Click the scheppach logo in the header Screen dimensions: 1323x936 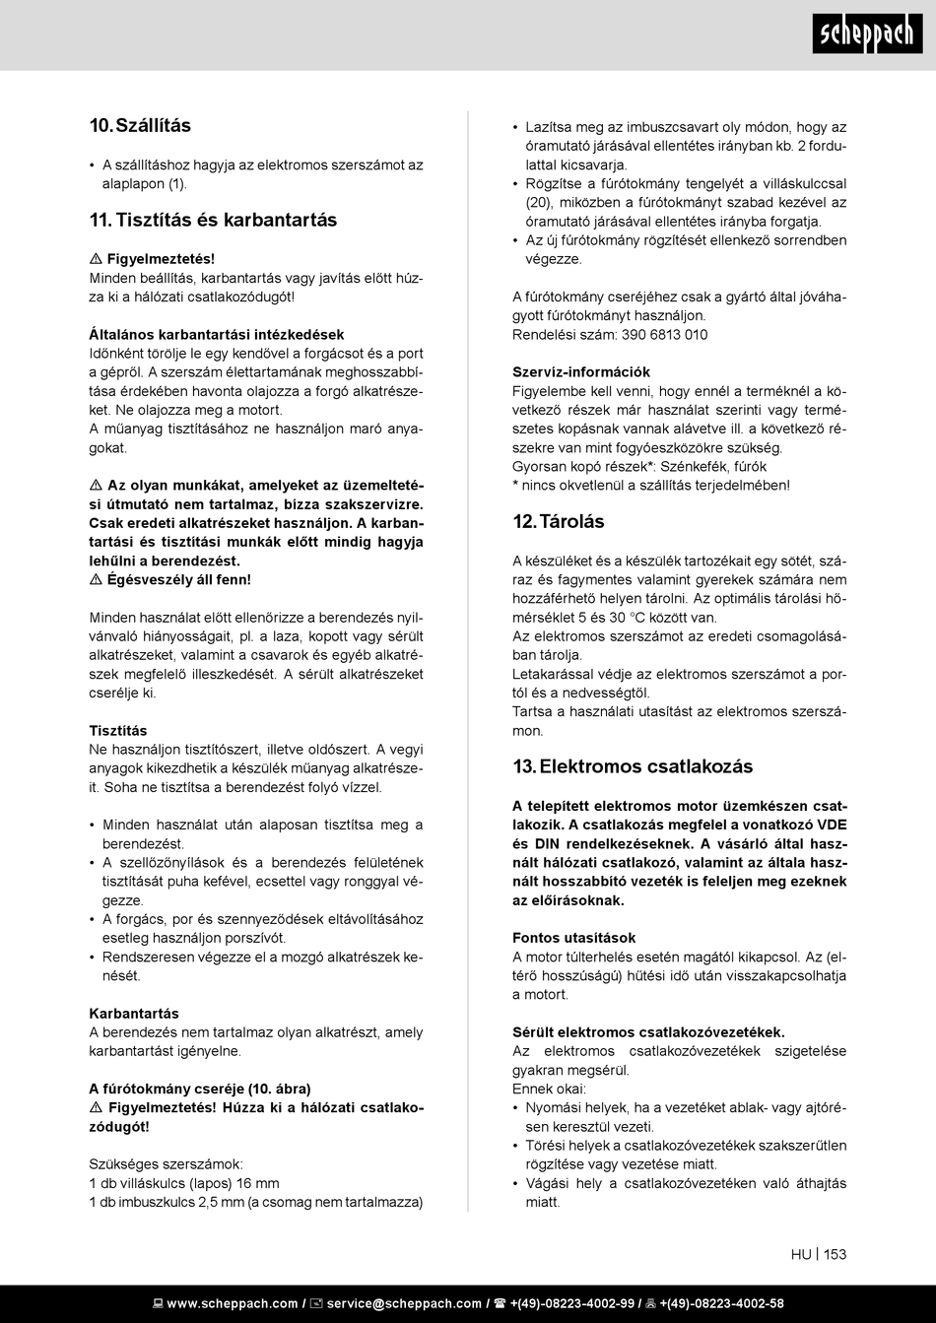(x=868, y=34)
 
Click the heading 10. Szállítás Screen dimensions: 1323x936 (x=140, y=126)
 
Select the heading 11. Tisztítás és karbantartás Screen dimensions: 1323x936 (x=213, y=220)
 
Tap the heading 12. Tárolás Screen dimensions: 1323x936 (x=558, y=521)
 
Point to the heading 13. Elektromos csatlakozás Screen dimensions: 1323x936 (x=633, y=766)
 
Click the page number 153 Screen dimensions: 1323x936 (x=835, y=1254)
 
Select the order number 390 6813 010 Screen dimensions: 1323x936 (x=664, y=335)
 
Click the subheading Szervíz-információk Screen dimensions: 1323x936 (x=581, y=372)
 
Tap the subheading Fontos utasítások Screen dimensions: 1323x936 (x=573, y=938)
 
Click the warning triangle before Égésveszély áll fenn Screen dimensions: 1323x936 (x=96, y=580)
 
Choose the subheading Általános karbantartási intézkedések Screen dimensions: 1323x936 (x=217, y=335)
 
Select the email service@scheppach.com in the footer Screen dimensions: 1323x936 (x=404, y=1303)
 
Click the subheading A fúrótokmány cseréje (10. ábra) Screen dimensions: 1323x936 (x=200, y=1089)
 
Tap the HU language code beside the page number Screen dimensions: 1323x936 (x=800, y=1254)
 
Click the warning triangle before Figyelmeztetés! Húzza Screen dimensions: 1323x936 (x=96, y=1108)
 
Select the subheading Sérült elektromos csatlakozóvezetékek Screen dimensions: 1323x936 (x=648, y=1032)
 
